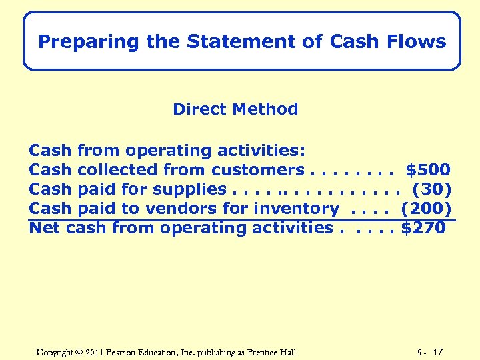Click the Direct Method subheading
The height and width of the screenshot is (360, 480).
point(235,109)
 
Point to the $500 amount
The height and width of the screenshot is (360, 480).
point(428,170)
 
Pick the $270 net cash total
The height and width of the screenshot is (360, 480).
point(423,228)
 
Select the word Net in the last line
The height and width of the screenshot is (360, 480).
point(45,228)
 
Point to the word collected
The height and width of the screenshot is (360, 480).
point(118,170)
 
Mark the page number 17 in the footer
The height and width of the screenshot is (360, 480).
point(438,352)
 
